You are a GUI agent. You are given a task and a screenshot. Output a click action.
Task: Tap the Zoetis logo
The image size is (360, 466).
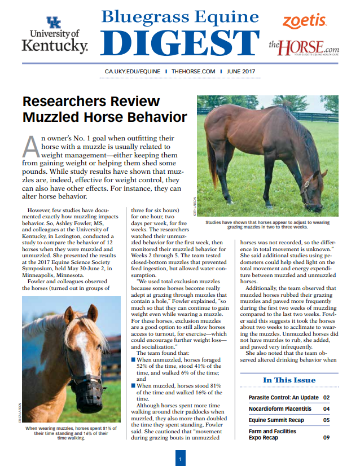pyautogui.click(x=304, y=21)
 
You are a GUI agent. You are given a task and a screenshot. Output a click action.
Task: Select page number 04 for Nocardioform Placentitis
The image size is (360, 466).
pyautogui.click(x=326, y=409)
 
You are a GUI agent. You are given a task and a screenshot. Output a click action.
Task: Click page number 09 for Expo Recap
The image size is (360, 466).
pyautogui.click(x=326, y=437)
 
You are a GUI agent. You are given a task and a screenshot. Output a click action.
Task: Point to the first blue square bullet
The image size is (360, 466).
pyautogui.click(x=133, y=359)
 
